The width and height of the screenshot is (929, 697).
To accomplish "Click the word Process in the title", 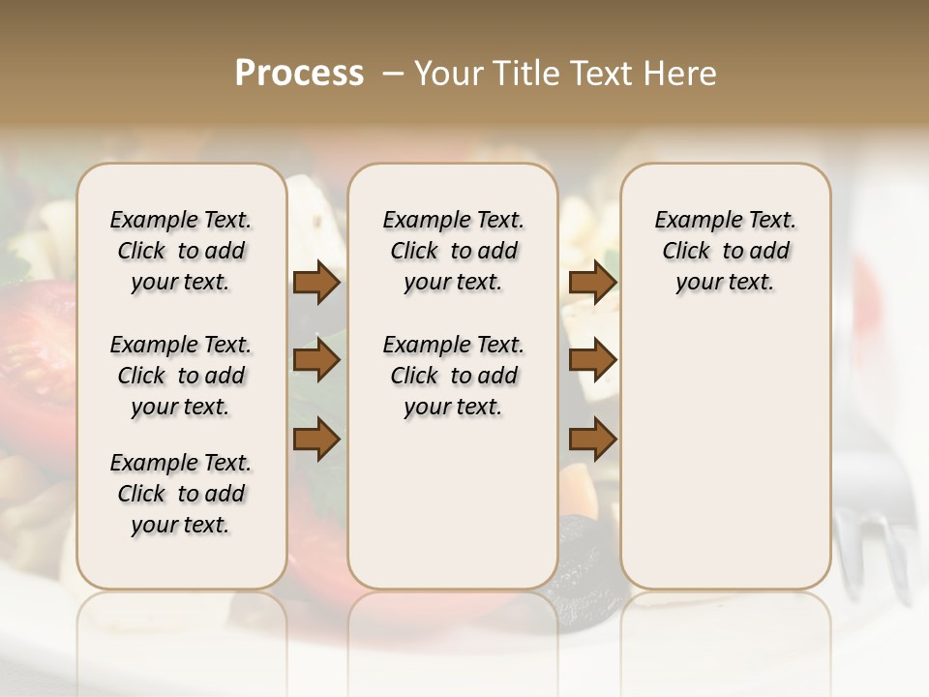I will (x=299, y=74).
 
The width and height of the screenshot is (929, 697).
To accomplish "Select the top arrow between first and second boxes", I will (x=316, y=283).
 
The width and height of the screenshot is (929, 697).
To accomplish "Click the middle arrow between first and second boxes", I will (x=316, y=360).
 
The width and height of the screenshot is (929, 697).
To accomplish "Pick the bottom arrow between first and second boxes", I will (x=316, y=439).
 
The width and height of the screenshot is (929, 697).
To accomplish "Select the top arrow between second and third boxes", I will (x=592, y=283).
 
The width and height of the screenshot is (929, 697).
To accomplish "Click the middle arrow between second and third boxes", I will (x=592, y=360).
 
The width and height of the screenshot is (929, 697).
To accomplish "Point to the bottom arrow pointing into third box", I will (x=592, y=439).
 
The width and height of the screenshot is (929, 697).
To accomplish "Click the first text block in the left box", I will (x=181, y=251).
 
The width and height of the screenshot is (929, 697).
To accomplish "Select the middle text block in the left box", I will (x=181, y=376).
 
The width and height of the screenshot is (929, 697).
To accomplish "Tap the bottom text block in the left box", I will (x=181, y=494).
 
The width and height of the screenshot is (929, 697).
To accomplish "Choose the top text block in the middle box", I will (x=453, y=251).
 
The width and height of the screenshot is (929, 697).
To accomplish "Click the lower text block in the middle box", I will (x=453, y=376).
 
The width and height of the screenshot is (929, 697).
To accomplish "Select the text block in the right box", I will (x=725, y=251).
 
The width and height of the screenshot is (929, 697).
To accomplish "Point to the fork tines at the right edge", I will (x=876, y=552).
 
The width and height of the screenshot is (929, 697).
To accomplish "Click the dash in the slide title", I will (x=393, y=74).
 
